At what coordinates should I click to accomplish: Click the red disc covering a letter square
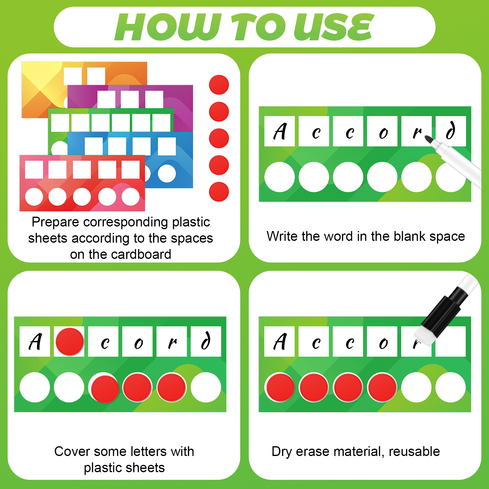pos(70,342)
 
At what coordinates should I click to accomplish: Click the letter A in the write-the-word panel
pos(280,131)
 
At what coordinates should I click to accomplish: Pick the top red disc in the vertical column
pos(219,85)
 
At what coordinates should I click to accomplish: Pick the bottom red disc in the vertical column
pos(219,192)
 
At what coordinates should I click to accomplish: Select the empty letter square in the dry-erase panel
pos(450,341)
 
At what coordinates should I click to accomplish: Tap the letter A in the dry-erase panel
pos(280,341)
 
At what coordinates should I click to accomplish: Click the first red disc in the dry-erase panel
pos(280,387)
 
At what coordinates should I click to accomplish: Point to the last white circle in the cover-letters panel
pos(206,387)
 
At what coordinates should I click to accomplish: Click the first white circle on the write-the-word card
pos(280,177)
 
